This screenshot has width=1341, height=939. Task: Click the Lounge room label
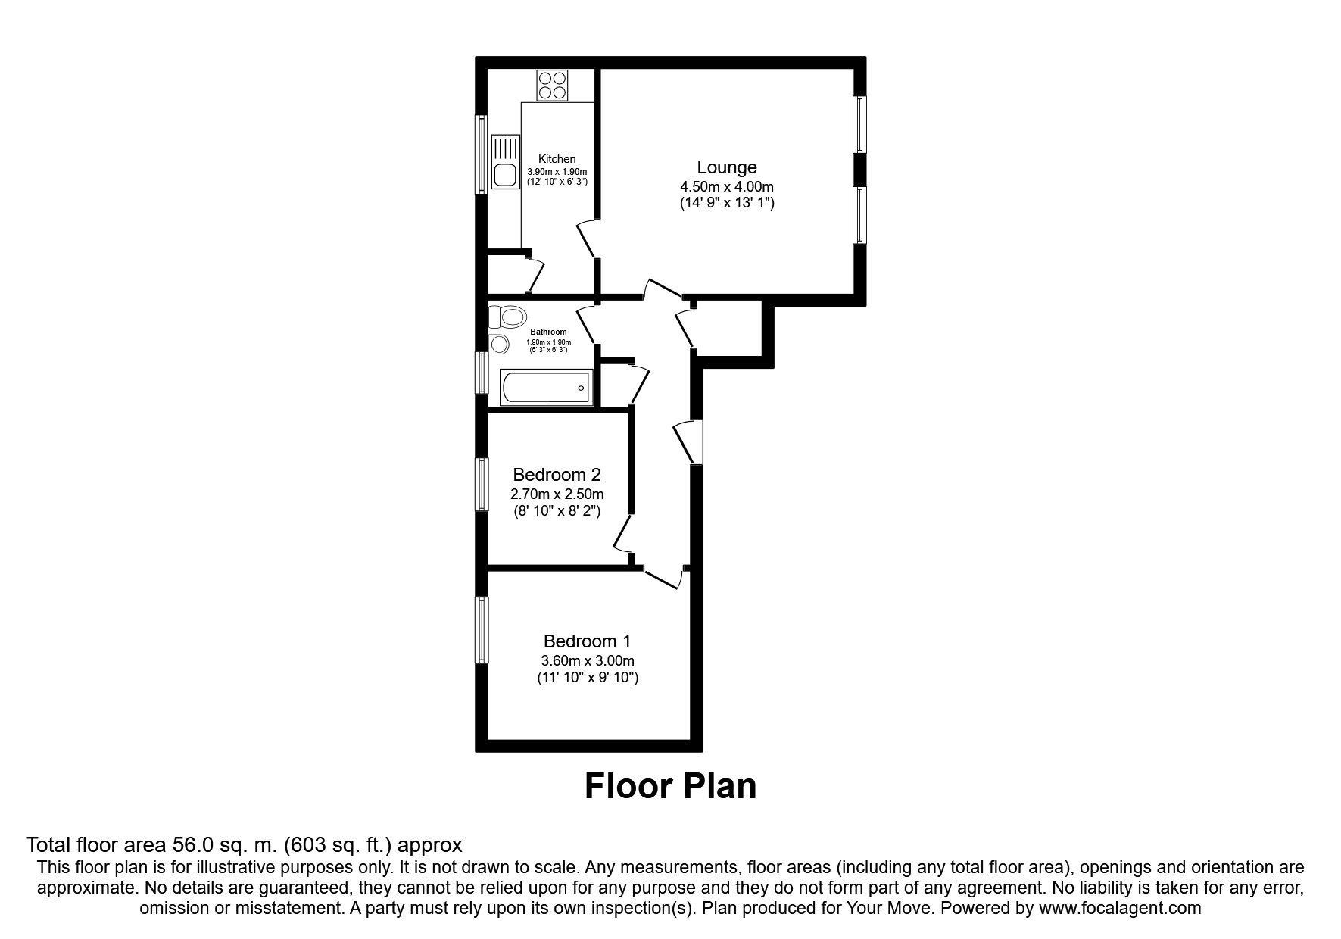(x=727, y=167)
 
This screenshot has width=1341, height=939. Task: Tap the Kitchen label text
(x=557, y=159)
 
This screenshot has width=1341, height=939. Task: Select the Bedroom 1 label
(x=588, y=641)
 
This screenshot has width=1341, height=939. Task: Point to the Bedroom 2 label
(x=557, y=475)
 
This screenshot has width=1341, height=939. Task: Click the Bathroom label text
(x=548, y=332)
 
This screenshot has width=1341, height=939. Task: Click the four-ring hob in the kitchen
(x=553, y=85)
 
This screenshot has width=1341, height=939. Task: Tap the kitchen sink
(x=504, y=162)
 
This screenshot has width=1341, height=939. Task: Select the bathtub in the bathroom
(x=546, y=388)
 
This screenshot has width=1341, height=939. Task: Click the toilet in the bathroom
(x=507, y=316)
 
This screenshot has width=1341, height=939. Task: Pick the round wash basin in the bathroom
(x=498, y=345)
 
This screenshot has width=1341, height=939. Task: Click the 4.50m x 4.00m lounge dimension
(x=727, y=187)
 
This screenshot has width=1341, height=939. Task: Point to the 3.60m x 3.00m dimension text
(x=588, y=661)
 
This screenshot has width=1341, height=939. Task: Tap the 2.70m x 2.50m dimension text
(x=557, y=494)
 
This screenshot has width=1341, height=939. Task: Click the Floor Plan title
(x=670, y=786)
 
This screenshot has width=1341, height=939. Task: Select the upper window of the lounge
(x=860, y=124)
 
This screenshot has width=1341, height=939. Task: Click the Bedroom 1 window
(x=482, y=630)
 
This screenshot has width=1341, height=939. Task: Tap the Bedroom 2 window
(x=482, y=484)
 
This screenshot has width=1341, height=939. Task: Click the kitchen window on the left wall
(x=482, y=154)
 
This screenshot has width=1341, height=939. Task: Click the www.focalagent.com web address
(x=1120, y=908)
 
